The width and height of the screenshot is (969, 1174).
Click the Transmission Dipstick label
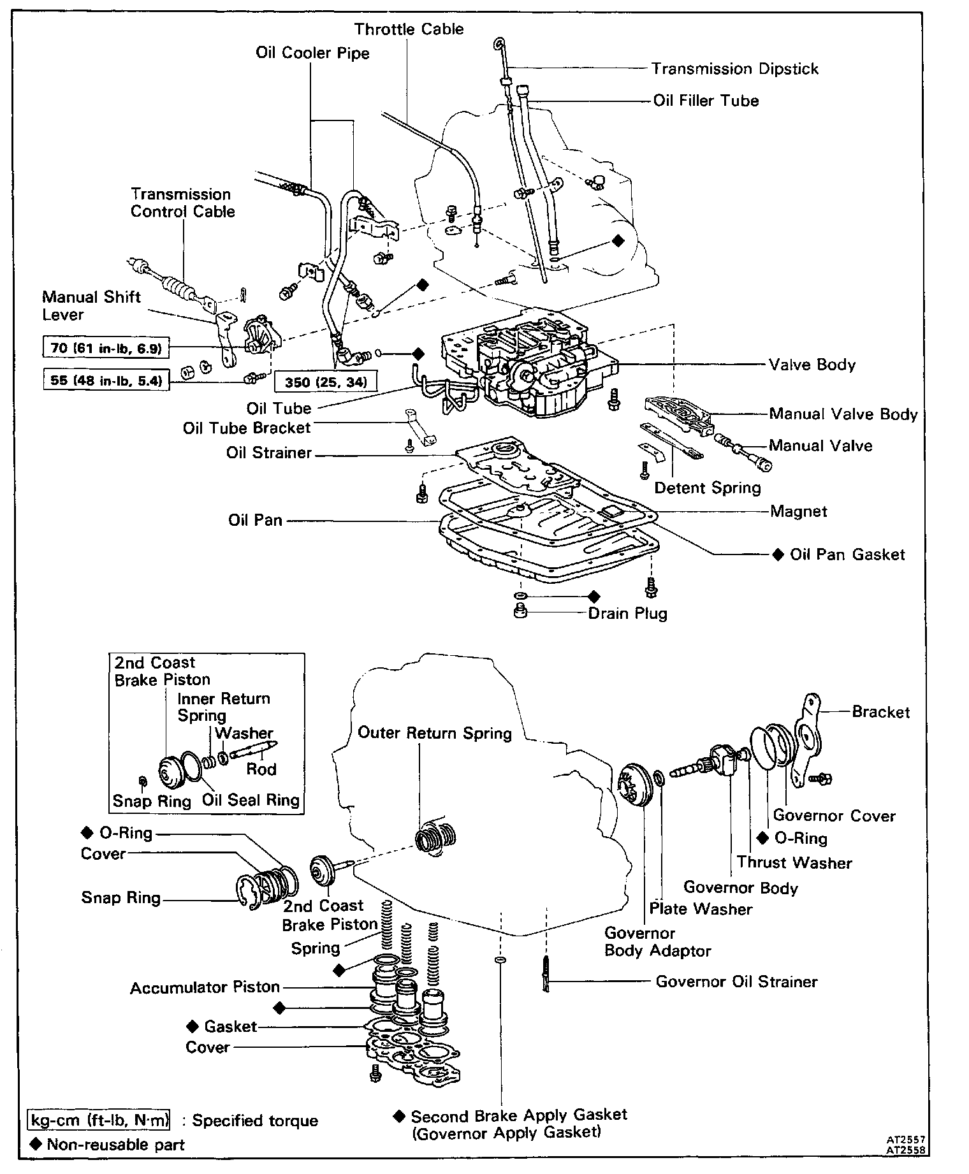click(734, 69)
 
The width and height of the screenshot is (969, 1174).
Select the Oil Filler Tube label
click(706, 101)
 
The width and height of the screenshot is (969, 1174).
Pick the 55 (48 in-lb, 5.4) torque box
click(106, 381)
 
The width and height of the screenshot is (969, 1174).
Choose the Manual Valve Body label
click(843, 414)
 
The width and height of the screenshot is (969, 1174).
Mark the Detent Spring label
click(708, 488)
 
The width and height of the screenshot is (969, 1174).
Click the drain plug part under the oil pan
click(520, 612)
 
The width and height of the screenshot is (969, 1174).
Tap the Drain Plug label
click(627, 614)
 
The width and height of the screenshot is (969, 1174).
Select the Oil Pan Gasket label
click(847, 554)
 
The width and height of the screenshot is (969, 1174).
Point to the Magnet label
click(798, 511)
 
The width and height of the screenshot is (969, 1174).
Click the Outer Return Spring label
click(434, 733)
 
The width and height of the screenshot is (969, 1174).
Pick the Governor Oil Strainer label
click(736, 982)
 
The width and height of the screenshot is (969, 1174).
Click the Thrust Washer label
click(794, 863)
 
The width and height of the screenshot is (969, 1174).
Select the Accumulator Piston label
click(205, 987)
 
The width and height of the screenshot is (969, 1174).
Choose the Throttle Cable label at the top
click(409, 29)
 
